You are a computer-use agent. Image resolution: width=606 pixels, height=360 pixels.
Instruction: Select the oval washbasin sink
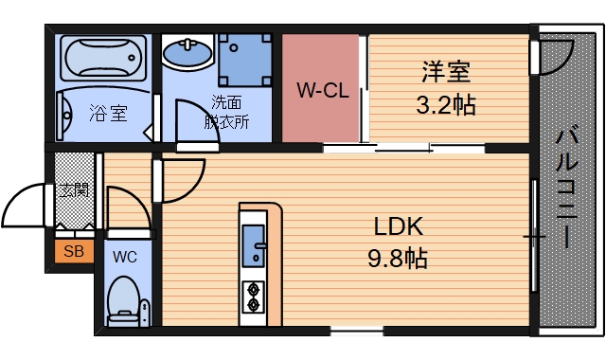click(188, 54)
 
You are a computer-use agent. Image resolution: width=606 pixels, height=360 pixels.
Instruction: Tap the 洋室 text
click(446, 72)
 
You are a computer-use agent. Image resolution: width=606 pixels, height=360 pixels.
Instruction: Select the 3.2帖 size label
click(446, 104)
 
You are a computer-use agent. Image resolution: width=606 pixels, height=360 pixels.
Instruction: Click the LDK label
click(398, 226)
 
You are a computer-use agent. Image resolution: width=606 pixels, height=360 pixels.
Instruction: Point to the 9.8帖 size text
click(398, 257)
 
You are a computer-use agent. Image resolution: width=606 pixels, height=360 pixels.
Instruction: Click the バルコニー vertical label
click(568, 189)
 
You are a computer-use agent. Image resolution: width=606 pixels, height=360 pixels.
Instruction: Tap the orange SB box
click(72, 251)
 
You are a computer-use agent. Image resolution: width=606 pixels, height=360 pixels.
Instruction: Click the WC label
click(125, 256)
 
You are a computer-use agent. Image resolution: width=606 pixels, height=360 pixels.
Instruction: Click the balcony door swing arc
click(557, 59)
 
